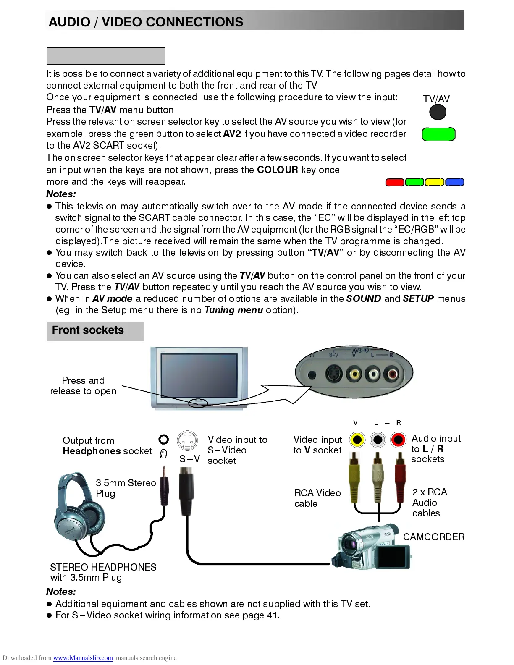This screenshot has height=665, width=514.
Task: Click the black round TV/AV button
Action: click(x=438, y=112)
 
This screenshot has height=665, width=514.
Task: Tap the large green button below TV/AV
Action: click(x=438, y=134)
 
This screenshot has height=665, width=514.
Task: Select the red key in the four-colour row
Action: click(x=395, y=182)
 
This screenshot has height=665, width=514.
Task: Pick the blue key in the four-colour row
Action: click(x=454, y=182)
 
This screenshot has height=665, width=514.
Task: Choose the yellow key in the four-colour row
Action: click(x=434, y=182)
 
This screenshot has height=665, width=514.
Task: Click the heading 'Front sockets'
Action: click(x=88, y=330)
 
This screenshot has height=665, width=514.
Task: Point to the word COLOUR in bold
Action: click(x=277, y=170)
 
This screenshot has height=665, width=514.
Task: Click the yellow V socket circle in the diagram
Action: click(x=357, y=440)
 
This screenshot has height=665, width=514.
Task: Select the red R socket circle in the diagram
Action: click(x=398, y=440)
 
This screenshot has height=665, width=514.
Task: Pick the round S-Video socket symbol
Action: click(x=188, y=441)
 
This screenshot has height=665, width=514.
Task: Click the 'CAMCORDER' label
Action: click(x=433, y=537)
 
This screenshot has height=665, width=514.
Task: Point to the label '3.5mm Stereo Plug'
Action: click(x=125, y=488)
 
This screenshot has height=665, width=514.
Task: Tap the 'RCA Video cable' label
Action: click(x=317, y=498)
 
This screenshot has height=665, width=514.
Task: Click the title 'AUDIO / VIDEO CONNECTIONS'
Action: click(x=146, y=22)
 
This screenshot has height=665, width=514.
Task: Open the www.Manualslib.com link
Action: click(x=83, y=658)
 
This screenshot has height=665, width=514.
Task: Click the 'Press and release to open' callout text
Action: click(x=83, y=385)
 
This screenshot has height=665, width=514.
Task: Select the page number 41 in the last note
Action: click(x=272, y=615)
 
